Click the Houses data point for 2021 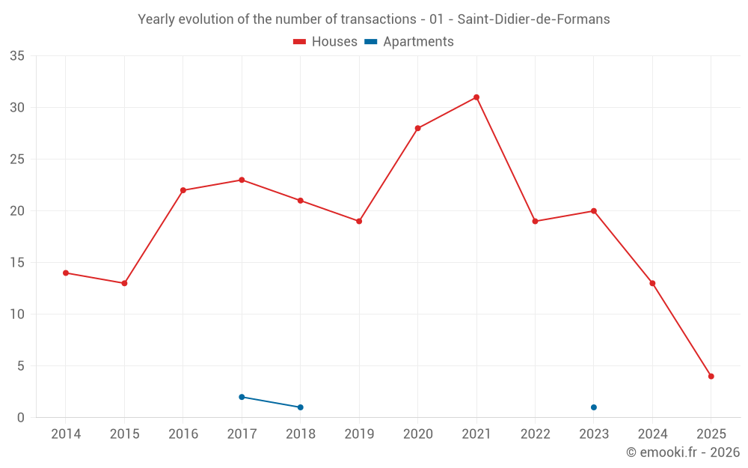click(476, 97)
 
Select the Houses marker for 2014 click(66, 273)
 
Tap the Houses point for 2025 click(711, 377)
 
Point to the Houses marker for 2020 click(417, 128)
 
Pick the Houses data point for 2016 click(183, 190)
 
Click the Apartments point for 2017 click(242, 397)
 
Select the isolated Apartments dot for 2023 click(594, 407)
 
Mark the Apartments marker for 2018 click(301, 407)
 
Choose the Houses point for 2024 click(652, 283)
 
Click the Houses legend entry click(325, 42)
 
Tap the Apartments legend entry click(409, 42)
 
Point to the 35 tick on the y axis click(17, 56)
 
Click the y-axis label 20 click(17, 211)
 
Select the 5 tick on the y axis click(21, 366)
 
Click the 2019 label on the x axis click(359, 434)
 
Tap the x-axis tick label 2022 click(535, 434)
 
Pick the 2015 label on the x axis click(124, 434)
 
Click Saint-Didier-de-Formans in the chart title click(534, 19)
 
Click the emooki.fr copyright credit click(683, 452)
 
